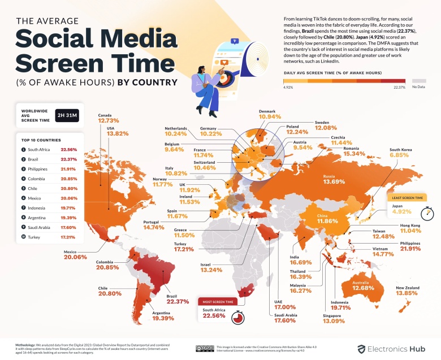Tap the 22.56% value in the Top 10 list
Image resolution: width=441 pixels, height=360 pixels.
[x=69, y=149]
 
